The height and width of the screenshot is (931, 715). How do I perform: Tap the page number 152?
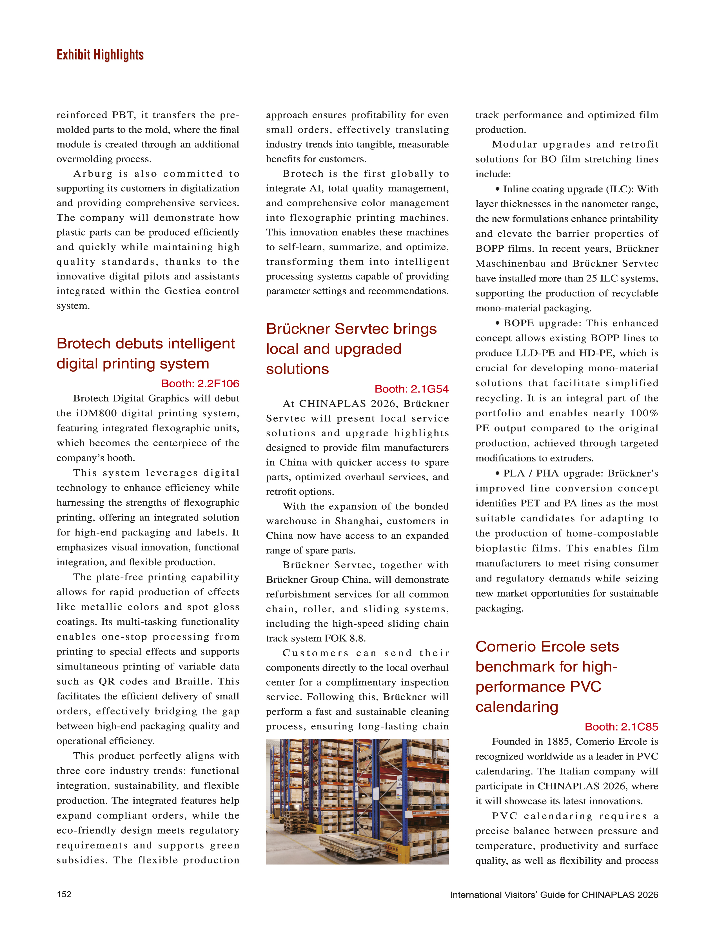click(64, 894)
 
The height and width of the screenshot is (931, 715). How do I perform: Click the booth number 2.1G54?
click(411, 389)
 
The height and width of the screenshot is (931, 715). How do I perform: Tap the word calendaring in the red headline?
click(517, 707)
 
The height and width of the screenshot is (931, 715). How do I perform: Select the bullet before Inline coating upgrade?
click(497, 189)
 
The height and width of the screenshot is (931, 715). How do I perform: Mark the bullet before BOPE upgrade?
click(497, 323)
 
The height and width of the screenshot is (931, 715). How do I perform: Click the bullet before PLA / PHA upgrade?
click(497, 473)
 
